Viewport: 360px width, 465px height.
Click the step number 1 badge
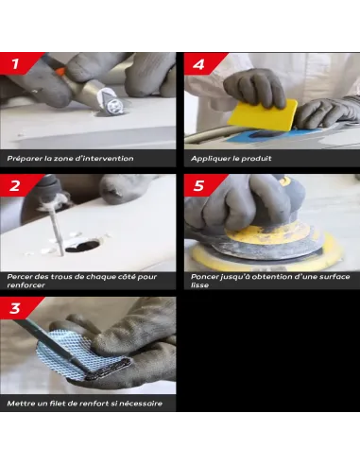18,63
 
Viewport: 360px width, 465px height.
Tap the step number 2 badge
18,185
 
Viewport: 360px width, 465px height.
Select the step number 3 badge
18,308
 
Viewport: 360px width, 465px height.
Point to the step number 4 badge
201,63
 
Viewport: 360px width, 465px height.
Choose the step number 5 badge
201,185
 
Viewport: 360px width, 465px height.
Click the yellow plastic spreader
263,115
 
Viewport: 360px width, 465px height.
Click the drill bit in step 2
57,229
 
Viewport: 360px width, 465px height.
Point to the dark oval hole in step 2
82,246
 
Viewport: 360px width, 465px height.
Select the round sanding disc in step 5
266,246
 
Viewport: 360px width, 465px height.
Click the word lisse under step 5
199,285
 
